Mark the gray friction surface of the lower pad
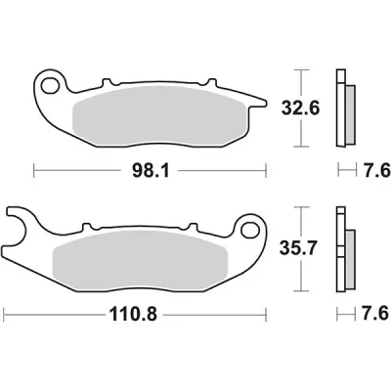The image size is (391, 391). tap(147, 260)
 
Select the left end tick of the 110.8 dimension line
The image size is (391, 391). tap(5, 316)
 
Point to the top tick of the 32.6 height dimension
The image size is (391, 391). tap(301, 70)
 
